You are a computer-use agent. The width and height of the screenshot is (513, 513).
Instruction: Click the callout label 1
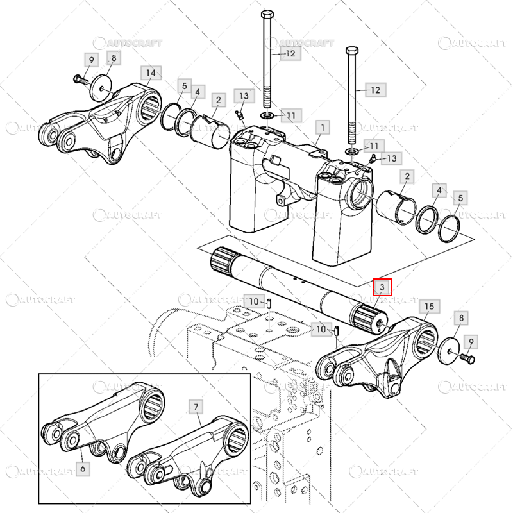[x=322, y=128]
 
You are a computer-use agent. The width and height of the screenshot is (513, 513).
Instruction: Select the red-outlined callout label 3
[x=382, y=287]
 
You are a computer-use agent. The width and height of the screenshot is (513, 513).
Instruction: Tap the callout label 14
[x=151, y=72]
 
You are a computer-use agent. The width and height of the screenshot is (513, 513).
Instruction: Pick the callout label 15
[x=429, y=307]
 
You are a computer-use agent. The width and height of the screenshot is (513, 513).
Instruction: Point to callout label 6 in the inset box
[x=82, y=469]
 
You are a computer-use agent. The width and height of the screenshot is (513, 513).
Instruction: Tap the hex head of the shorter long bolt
[x=351, y=49]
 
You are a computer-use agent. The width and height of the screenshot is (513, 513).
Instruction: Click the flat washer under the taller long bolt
[x=267, y=114]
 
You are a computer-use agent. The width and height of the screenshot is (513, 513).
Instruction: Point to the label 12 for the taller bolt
[x=290, y=54]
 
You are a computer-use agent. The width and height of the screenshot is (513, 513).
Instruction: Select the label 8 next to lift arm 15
[x=460, y=317]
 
